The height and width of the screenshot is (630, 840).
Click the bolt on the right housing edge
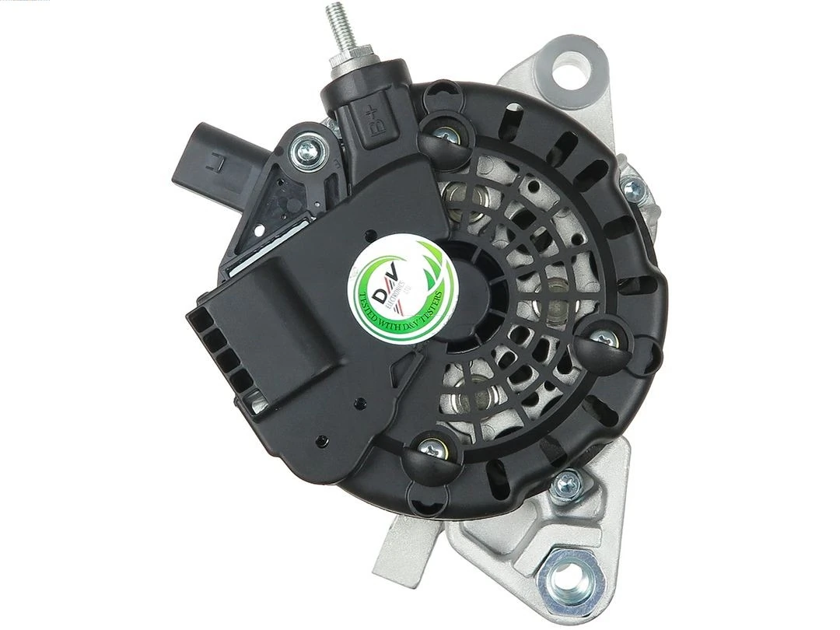pyautogui.click(x=632, y=187)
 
